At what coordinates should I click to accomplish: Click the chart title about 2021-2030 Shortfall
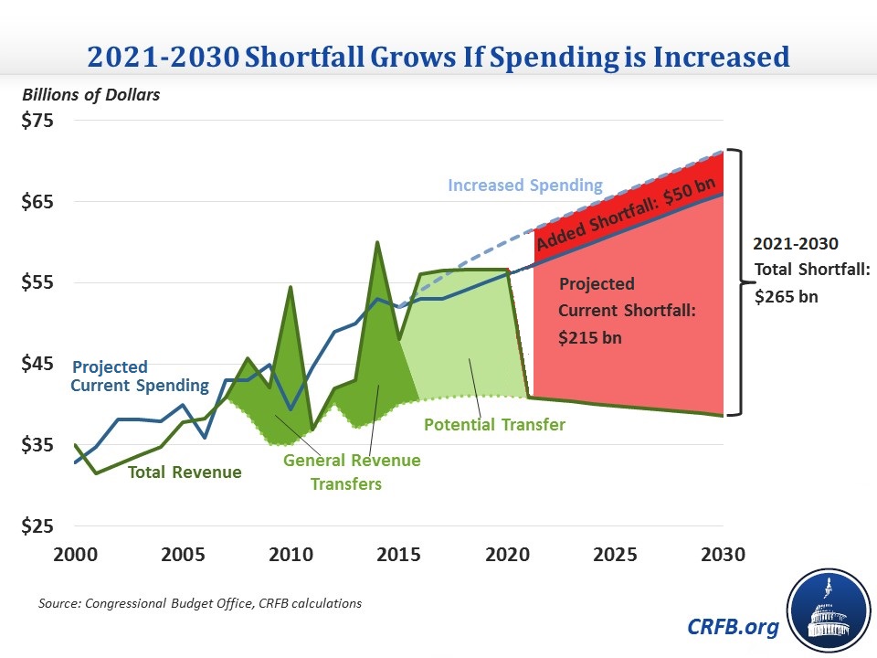(438, 57)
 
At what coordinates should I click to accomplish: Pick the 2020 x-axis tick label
(506, 555)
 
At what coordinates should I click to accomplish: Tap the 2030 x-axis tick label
(722, 555)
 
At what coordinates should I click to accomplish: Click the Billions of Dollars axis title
(90, 95)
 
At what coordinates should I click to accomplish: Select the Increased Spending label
(525, 186)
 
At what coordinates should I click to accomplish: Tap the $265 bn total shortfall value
(787, 297)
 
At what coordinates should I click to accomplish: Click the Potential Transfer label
(495, 425)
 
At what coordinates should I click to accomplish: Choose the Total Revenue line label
(185, 472)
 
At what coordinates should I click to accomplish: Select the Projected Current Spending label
(140, 377)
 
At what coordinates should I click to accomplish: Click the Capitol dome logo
(827, 609)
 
